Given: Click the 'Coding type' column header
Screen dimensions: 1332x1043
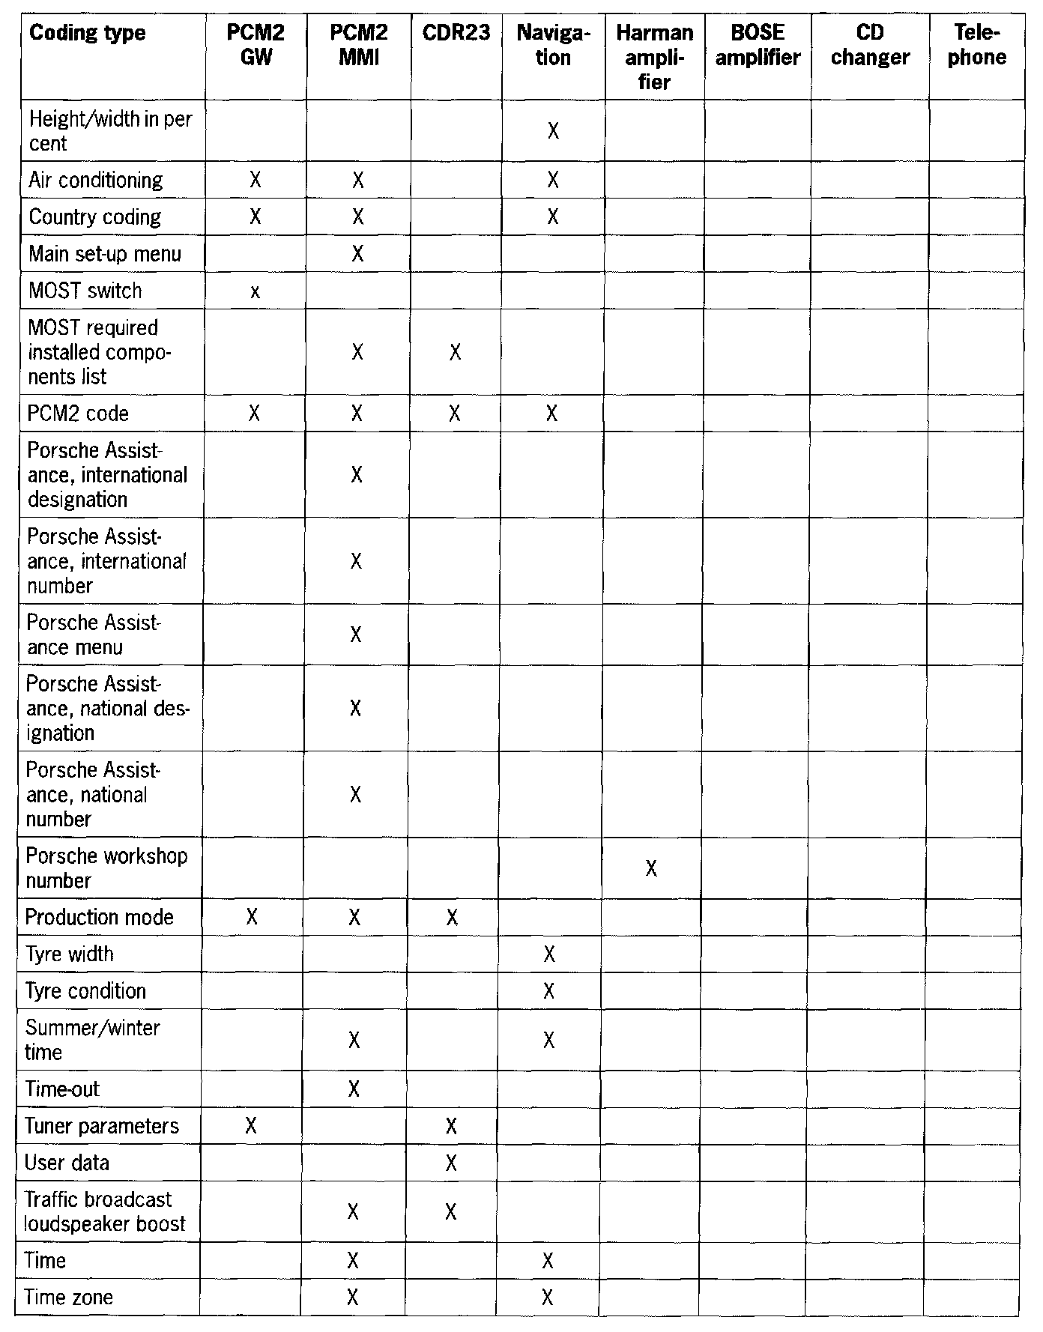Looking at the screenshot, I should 87,34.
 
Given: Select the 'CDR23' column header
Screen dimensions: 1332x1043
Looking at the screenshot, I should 456,34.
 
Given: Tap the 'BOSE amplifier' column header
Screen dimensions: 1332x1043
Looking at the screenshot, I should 758,45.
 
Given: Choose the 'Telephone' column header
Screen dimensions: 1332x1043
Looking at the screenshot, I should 976,45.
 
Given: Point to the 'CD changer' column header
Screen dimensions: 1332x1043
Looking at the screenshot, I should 870,45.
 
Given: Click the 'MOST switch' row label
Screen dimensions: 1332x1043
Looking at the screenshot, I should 85,291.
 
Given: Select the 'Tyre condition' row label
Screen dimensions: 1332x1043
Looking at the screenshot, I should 85,991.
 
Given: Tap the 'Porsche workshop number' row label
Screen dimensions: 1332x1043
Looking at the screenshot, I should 106,868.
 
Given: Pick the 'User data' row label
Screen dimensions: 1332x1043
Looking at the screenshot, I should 67,1163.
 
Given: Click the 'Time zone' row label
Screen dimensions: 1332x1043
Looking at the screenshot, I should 69,1297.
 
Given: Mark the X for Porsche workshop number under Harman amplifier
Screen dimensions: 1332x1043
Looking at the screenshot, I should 651,868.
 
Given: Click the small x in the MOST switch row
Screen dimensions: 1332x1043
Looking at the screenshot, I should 256,292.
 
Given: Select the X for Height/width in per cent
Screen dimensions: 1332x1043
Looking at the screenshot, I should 553,131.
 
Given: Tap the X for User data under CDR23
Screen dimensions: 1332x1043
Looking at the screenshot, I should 451,1163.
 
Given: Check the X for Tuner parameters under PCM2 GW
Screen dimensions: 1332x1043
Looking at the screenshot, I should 251,1126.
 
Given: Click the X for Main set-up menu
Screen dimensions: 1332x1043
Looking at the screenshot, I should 357,254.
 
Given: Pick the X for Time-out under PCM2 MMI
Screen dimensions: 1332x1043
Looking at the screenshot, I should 354,1089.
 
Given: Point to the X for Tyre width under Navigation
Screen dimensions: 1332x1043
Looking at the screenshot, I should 549,954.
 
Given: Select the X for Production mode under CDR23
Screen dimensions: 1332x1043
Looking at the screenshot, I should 452,917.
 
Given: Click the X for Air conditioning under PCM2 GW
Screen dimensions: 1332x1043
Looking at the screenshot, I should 256,180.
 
